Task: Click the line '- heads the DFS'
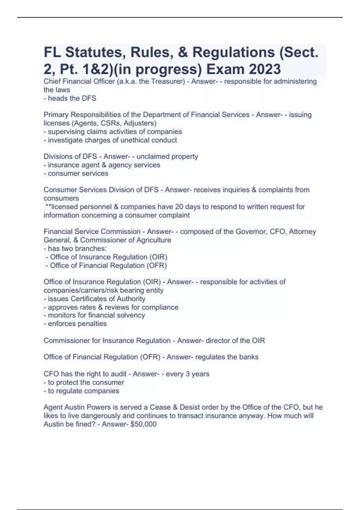(x=70, y=98)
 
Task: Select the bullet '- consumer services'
(x=76, y=173)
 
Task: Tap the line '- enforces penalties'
(x=75, y=324)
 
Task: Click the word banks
(x=249, y=357)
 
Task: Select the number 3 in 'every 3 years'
(x=187, y=374)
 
